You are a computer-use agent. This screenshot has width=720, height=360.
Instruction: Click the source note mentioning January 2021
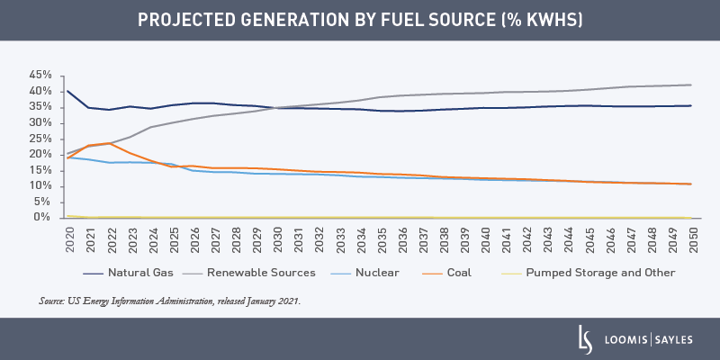click(x=170, y=301)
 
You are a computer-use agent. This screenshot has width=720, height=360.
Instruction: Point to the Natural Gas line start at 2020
click(x=68, y=91)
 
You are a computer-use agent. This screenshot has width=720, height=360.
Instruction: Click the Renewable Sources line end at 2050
click(x=690, y=85)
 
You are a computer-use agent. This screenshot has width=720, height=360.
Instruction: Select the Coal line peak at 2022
click(x=111, y=143)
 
